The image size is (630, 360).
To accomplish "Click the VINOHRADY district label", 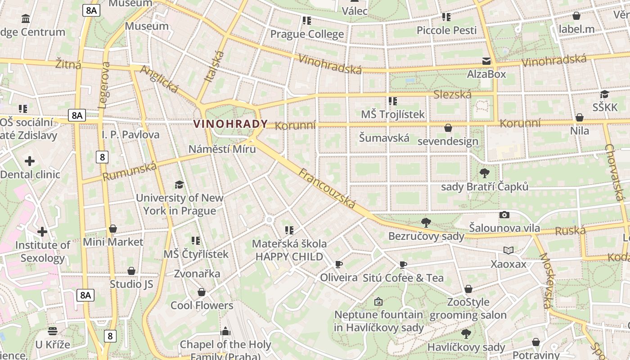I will [x=230, y=123].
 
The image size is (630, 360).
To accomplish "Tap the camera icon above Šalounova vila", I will [x=504, y=215].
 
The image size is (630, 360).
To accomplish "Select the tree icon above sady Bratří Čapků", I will [x=485, y=173].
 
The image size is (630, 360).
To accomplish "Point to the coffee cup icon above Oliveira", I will [x=339, y=264].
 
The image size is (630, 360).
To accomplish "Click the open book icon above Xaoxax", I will [x=508, y=251].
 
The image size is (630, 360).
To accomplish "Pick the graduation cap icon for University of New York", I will [x=179, y=184].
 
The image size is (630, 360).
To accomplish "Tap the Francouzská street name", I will [x=327, y=189].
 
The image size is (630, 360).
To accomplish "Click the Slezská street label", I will [x=452, y=94].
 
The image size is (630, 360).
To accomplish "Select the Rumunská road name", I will [x=130, y=171].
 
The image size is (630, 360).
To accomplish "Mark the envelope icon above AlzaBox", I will [x=486, y=61].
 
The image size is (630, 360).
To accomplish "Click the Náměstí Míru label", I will [x=222, y=149].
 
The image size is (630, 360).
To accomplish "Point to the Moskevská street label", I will [x=545, y=281].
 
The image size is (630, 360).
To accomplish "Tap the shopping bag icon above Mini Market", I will [x=113, y=229].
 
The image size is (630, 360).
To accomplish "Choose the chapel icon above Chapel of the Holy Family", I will [x=225, y=332].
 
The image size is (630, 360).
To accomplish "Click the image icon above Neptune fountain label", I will [x=378, y=301].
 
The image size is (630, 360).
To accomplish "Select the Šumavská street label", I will [x=384, y=138].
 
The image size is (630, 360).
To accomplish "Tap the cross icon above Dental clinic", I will [x=30, y=161].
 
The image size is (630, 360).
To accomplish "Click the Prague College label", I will [x=307, y=34].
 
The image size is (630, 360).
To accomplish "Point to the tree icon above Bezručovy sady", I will [x=426, y=222].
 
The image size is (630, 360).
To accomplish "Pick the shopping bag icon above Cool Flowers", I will [x=202, y=292].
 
